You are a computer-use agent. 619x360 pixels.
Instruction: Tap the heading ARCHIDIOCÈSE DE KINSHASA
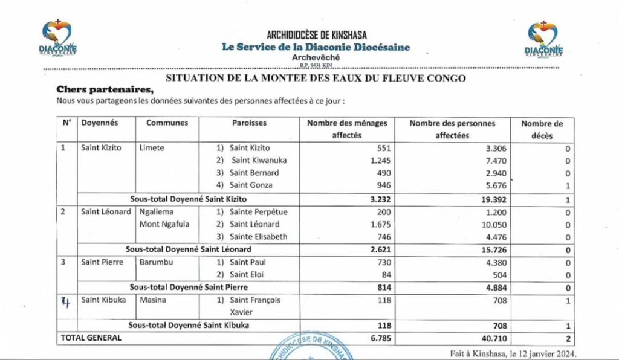click(317, 35)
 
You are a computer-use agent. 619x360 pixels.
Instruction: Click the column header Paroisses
click(249, 123)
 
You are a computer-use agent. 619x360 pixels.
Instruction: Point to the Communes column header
click(167, 123)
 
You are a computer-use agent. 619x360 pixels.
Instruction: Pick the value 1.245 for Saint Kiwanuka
click(380, 161)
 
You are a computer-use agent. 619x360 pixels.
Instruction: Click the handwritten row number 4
click(66, 301)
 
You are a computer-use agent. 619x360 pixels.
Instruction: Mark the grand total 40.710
click(493, 339)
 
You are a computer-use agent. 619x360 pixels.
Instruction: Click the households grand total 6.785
click(380, 339)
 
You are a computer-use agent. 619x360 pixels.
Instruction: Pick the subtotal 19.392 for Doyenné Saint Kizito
click(493, 199)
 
